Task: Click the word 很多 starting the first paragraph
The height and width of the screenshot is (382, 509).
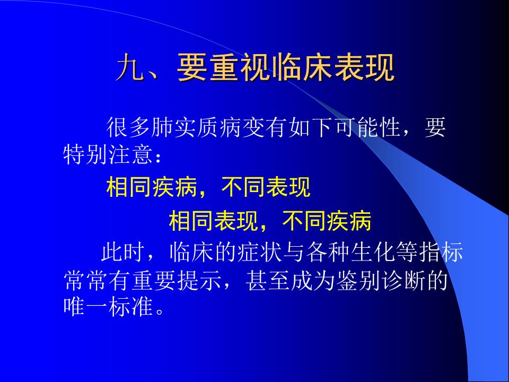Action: click(x=129, y=127)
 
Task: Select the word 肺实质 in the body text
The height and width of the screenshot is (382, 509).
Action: click(x=185, y=127)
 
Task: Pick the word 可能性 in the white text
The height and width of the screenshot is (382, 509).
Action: click(x=367, y=127)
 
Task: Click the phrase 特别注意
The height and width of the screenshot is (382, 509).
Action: click(x=108, y=154)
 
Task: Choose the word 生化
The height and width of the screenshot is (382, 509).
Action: click(x=373, y=252)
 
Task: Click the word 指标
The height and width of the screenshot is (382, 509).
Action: click(x=441, y=252)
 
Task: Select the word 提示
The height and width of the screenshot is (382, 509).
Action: click(x=199, y=280)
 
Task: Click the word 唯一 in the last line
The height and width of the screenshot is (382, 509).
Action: click(x=85, y=307)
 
